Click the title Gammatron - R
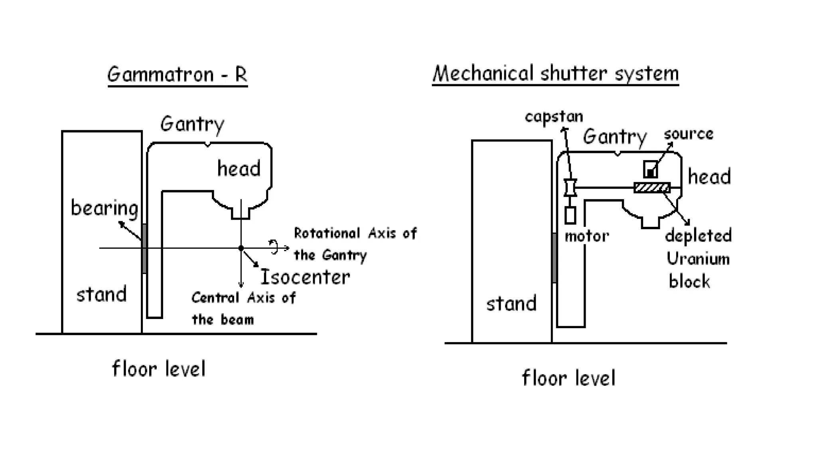tap(177, 74)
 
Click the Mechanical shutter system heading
tap(555, 74)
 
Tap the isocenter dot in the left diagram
tap(241, 248)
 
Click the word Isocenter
tap(305, 277)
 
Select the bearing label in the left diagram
tap(104, 208)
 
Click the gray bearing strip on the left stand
tap(144, 248)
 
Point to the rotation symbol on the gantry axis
tap(274, 247)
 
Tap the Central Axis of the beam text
tap(243, 308)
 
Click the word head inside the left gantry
tap(239, 169)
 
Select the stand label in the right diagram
tap(511, 303)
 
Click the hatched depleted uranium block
tap(652, 188)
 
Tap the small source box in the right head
tap(651, 169)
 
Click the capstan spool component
tap(570, 188)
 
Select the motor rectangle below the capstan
tap(570, 215)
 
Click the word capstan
tap(554, 117)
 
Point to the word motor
tap(586, 236)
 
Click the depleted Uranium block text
tap(698, 258)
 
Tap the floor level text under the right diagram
tap(568, 378)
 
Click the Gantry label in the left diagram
tap(192, 124)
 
